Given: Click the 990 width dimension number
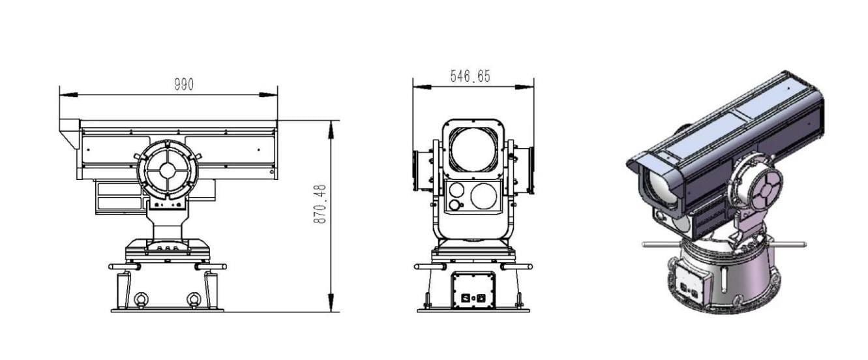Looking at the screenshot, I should [183, 85].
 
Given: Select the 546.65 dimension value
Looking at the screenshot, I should [470, 77].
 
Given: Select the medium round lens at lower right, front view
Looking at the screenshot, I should [484, 196].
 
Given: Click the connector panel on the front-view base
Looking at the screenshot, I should [473, 291].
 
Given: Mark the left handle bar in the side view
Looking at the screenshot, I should [124, 266].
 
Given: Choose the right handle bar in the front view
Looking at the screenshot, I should [518, 266].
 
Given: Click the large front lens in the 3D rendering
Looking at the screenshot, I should [655, 188].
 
